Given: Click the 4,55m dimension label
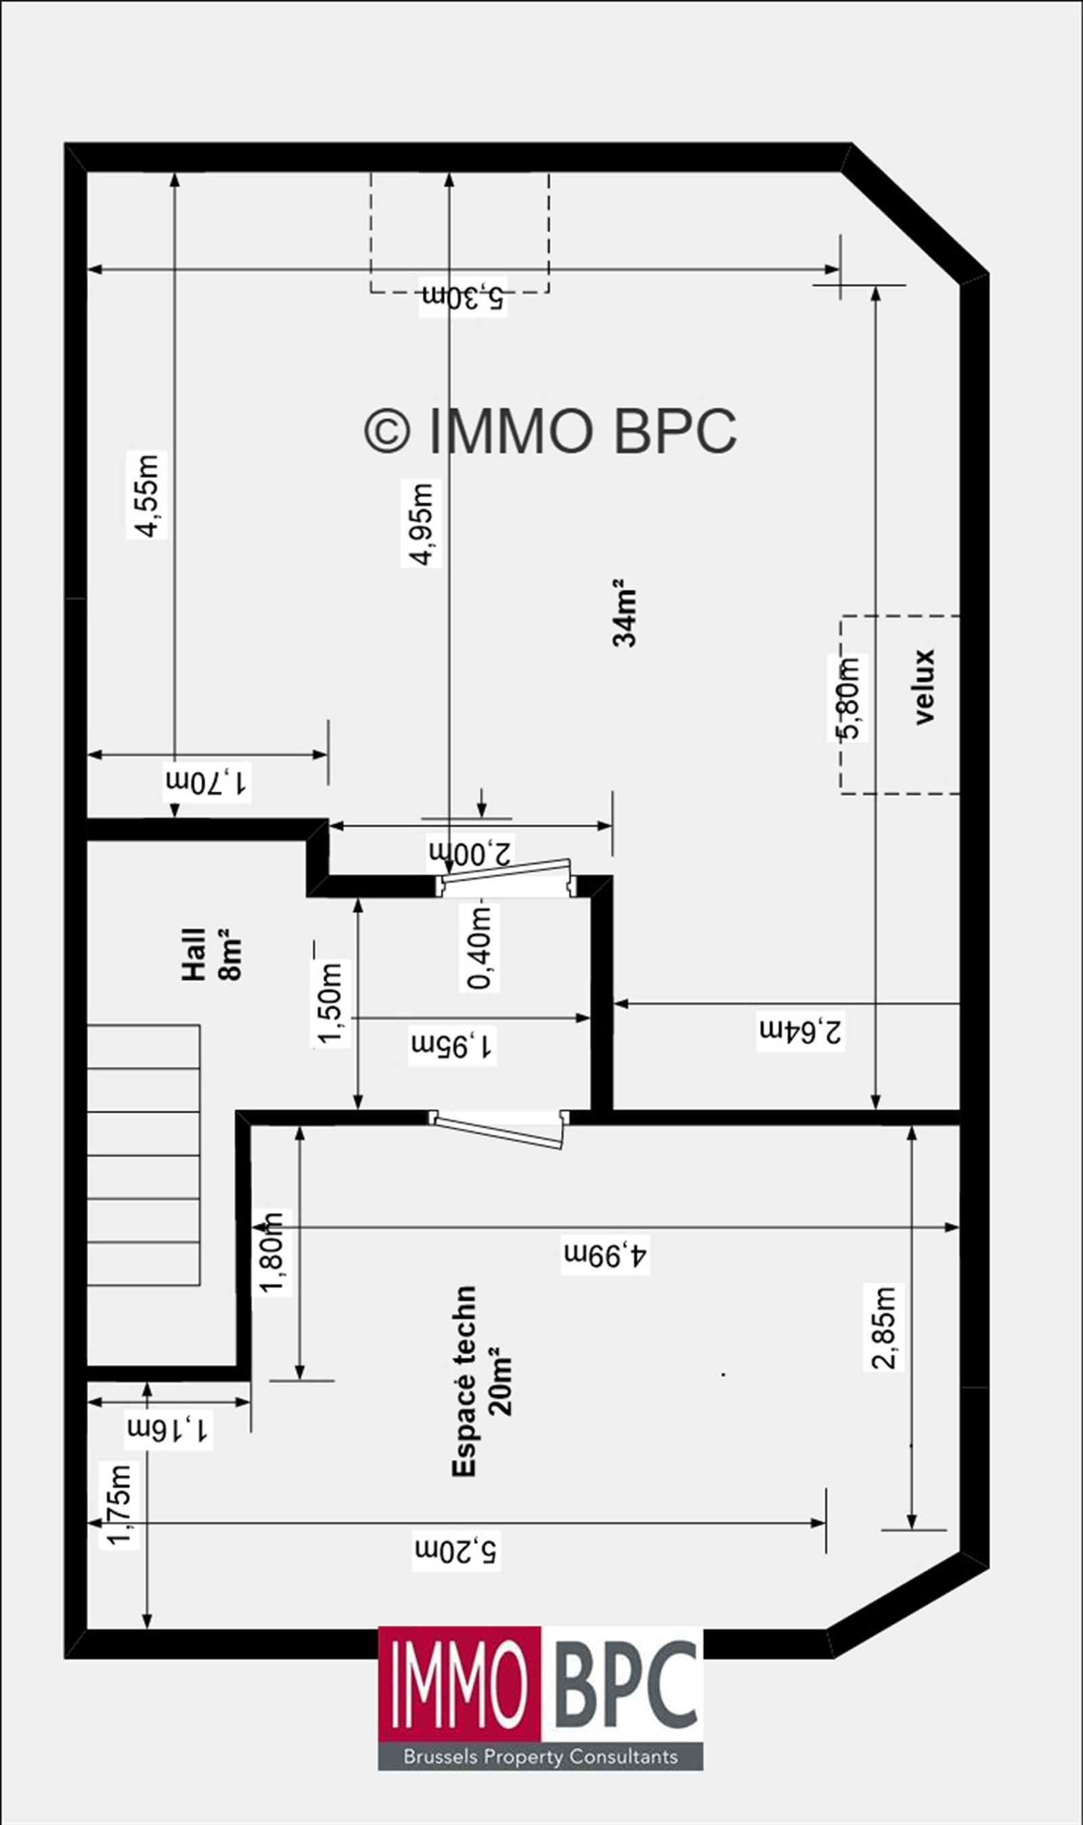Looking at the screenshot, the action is pos(148,495).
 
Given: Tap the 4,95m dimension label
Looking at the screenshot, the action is pos(422,524).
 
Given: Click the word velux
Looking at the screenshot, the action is pos(924,686).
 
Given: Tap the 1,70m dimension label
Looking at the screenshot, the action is pos(208,783).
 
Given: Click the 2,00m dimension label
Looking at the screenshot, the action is pos(471,851).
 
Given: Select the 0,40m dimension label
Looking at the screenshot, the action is pos(480,947).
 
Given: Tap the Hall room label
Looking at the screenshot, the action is pos(194,954).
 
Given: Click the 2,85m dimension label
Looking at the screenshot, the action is pos(884,1328).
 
